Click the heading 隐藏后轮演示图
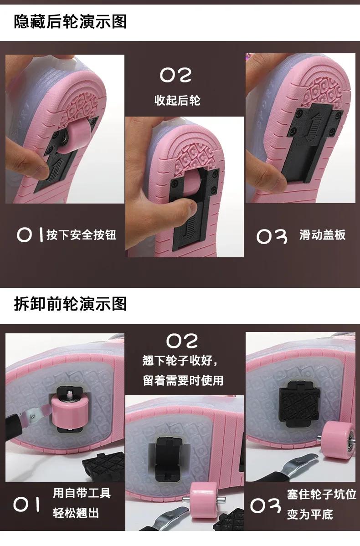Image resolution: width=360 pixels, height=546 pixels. pyautogui.click(x=70, y=21)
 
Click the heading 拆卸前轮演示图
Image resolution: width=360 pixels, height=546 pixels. pyautogui.click(x=70, y=304)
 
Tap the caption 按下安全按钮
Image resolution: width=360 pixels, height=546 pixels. pyautogui.click(x=81, y=235)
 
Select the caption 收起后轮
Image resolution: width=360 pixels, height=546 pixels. pyautogui.click(x=177, y=100)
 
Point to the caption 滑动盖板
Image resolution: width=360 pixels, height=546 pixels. pyautogui.click(x=322, y=235)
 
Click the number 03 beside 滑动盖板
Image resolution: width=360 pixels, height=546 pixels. pyautogui.click(x=272, y=236)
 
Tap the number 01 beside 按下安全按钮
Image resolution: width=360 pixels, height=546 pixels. pyautogui.click(x=30, y=235)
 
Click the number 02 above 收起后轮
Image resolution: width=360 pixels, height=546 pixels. pyautogui.click(x=175, y=75)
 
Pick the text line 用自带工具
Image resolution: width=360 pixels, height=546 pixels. pyautogui.click(x=82, y=493)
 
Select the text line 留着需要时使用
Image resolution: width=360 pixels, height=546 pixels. pyautogui.click(x=183, y=380)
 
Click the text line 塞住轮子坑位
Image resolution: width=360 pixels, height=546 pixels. pyautogui.click(x=322, y=494)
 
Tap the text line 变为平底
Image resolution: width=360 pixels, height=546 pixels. pyautogui.click(x=310, y=514)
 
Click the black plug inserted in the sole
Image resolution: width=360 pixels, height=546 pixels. pyautogui.click(x=299, y=403)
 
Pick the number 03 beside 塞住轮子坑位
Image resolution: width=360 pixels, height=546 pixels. pyautogui.click(x=266, y=505)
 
